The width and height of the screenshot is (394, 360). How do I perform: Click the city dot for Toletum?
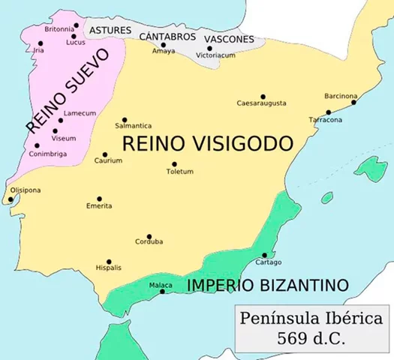click(175, 164)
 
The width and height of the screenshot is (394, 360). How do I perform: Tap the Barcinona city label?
click(341, 96)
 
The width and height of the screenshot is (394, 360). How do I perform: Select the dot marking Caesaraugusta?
click(263, 96)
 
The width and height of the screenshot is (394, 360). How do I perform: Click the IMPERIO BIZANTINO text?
click(268, 285)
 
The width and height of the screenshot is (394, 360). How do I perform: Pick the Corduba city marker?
click(149, 236)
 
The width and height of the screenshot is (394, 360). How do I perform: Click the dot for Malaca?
click(163, 292)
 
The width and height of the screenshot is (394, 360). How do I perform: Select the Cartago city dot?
click(264, 255)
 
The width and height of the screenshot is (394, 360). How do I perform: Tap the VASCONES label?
click(229, 39)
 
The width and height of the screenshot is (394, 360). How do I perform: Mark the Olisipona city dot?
click(10, 199)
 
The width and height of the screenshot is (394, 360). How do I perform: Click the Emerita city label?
click(99, 206)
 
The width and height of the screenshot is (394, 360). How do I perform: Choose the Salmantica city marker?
click(125, 119)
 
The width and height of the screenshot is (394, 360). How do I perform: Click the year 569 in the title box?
click(293, 337)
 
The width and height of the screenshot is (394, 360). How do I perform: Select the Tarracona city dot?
click(328, 112)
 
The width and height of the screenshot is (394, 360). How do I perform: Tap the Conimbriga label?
click(47, 154)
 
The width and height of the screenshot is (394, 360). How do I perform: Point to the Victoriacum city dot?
click(209, 49)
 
